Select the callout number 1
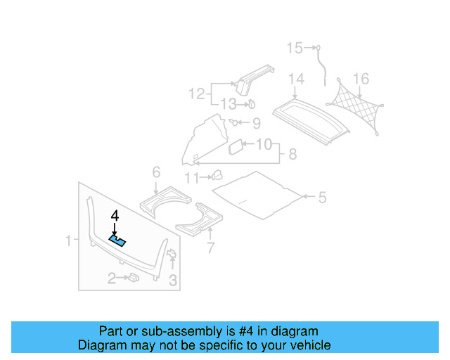pos(69,241)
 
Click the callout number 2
pos(111,279)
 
